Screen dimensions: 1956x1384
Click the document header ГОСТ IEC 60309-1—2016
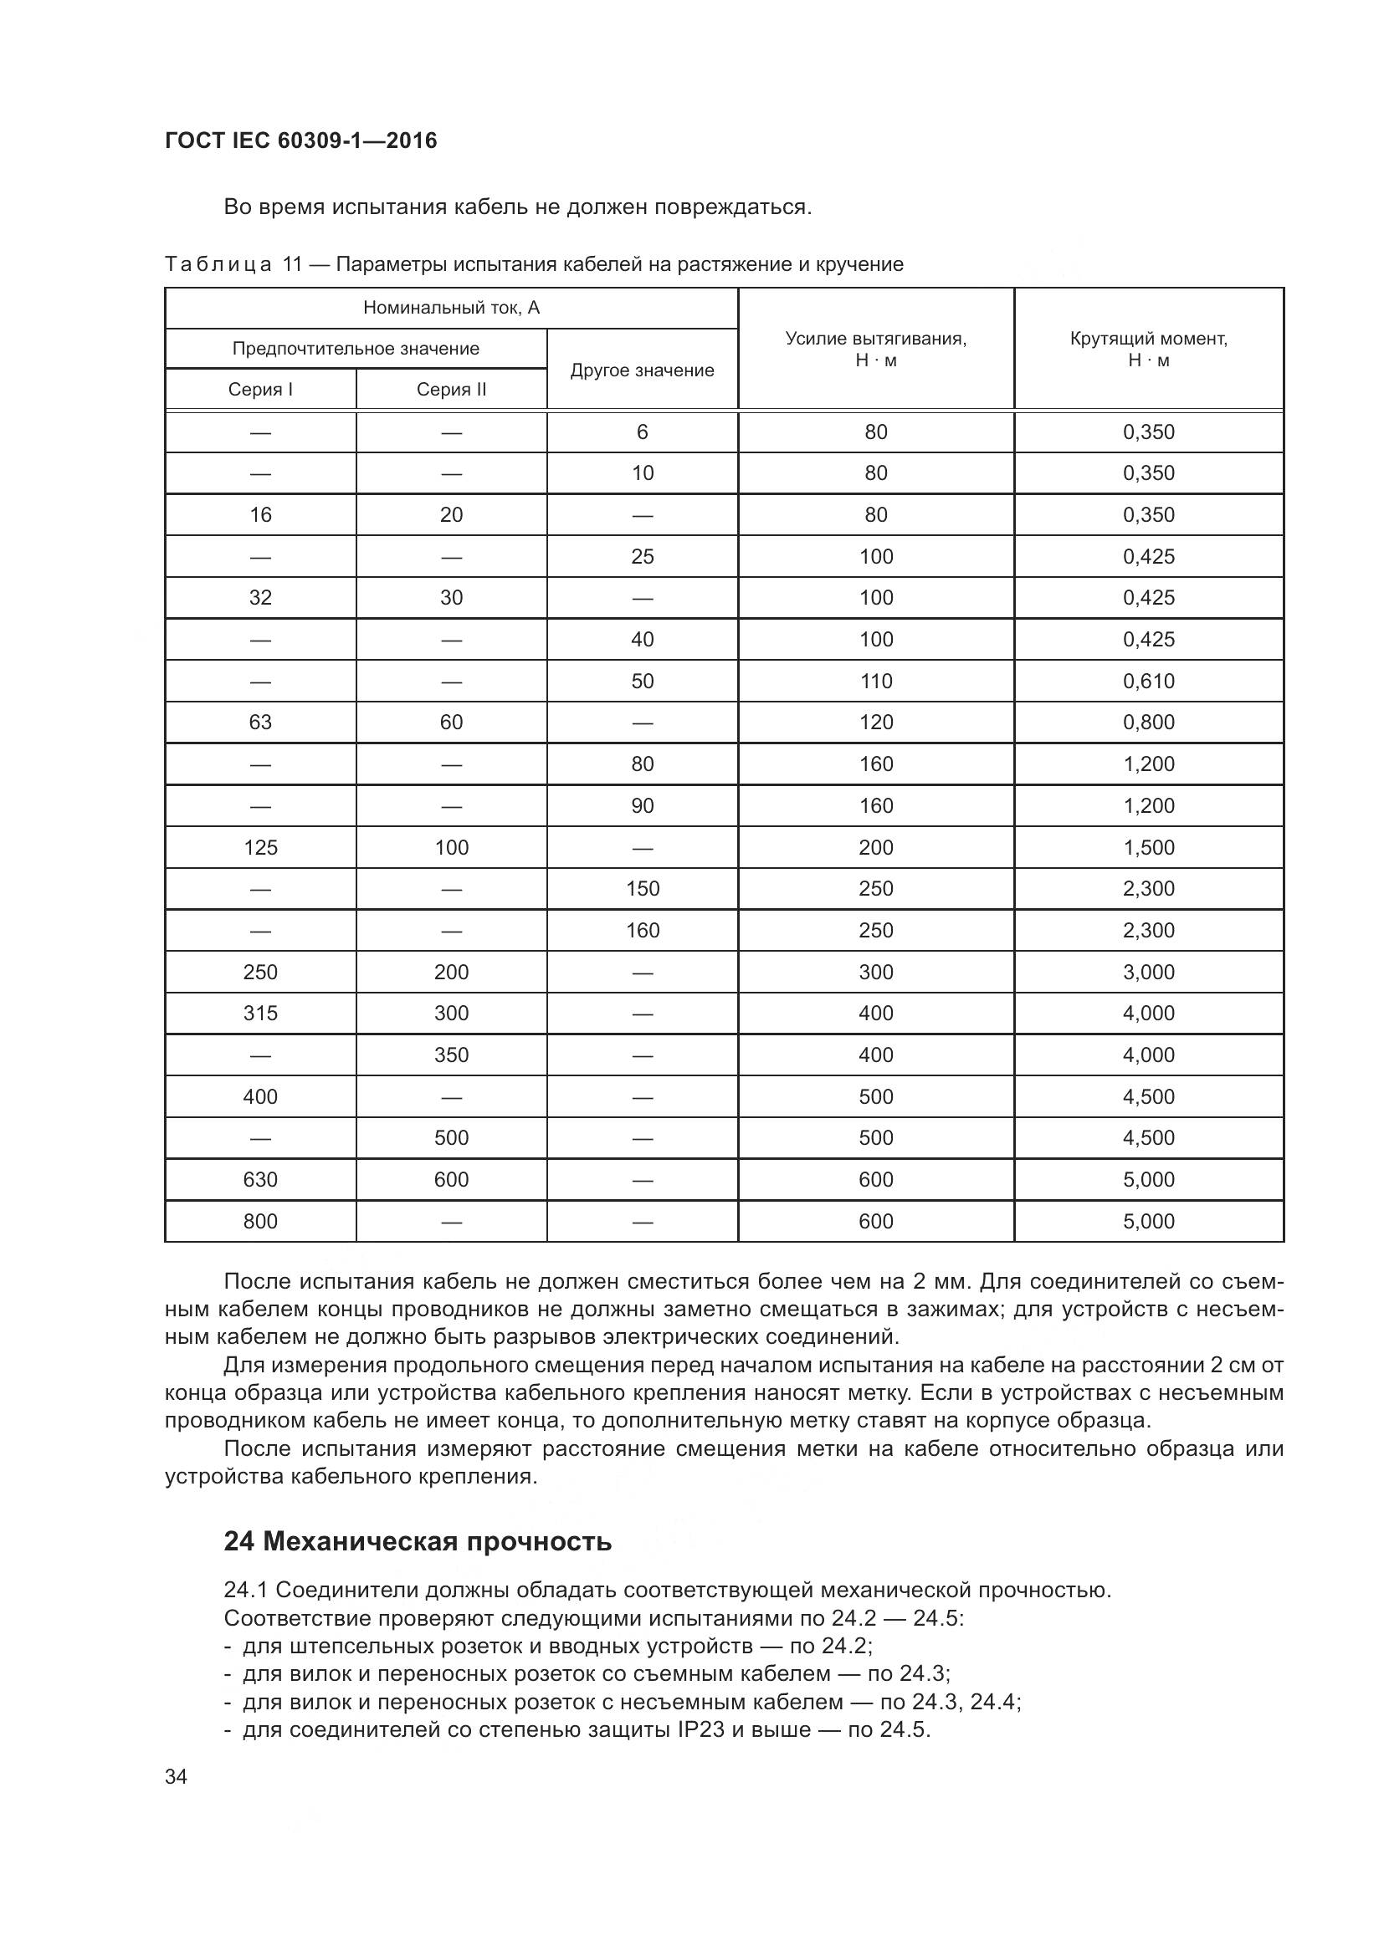coord(301,140)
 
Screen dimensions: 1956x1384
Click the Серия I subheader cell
coord(260,390)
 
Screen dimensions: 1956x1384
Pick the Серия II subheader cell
coord(451,390)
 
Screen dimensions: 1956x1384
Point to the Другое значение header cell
coord(642,370)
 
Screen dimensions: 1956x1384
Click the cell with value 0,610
coord(1148,681)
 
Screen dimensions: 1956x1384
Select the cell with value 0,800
coord(1148,723)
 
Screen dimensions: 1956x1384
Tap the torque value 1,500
coord(1148,848)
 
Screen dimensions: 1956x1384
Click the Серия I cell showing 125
coord(260,848)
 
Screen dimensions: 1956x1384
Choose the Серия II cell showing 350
coord(451,1055)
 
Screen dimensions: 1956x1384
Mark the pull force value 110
coord(875,681)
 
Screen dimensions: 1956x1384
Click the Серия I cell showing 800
coord(260,1221)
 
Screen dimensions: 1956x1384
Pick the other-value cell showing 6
coord(642,432)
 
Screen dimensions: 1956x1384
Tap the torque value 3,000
coord(1148,972)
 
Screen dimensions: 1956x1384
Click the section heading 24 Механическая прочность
coord(418,1541)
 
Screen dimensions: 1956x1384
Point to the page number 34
coord(176,1776)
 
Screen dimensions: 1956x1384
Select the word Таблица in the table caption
coord(218,265)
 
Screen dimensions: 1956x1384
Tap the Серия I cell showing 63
coord(260,723)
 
